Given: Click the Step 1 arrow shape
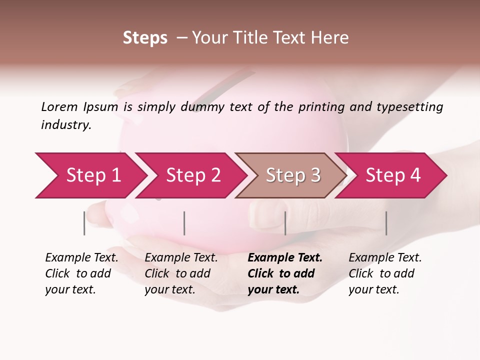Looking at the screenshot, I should [x=90, y=175].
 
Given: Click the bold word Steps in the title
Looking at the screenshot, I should [x=145, y=38].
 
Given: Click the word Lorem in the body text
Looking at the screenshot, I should [x=59, y=107].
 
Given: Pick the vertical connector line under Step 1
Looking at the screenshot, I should [x=84, y=223].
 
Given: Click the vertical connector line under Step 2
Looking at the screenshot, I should [x=184, y=223].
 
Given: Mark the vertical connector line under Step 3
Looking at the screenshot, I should [x=285, y=223].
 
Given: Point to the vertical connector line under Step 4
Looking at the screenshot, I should [x=386, y=223].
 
